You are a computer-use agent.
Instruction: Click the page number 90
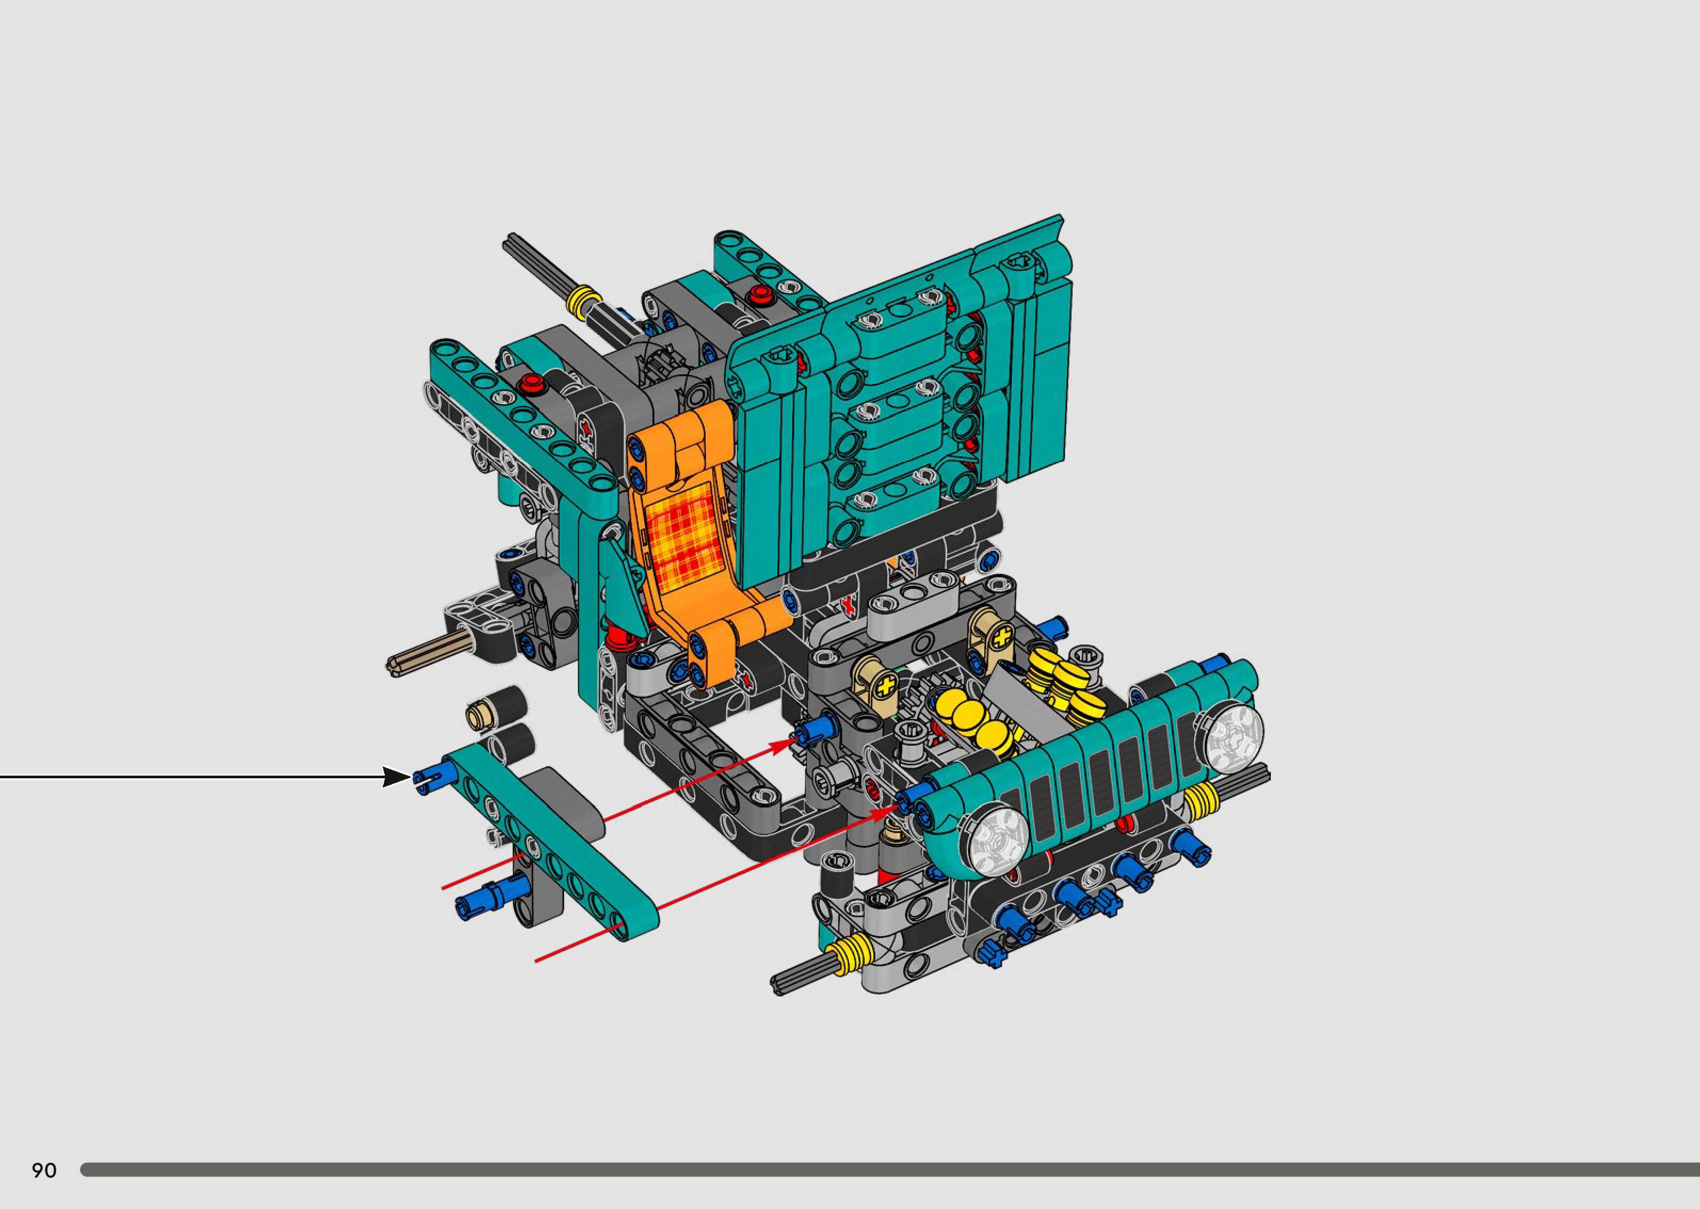pyautogui.click(x=44, y=1170)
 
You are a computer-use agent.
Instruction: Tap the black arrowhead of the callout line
pyautogui.click(x=397, y=777)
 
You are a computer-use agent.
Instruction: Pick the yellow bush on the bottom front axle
pyautogui.click(x=851, y=955)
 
